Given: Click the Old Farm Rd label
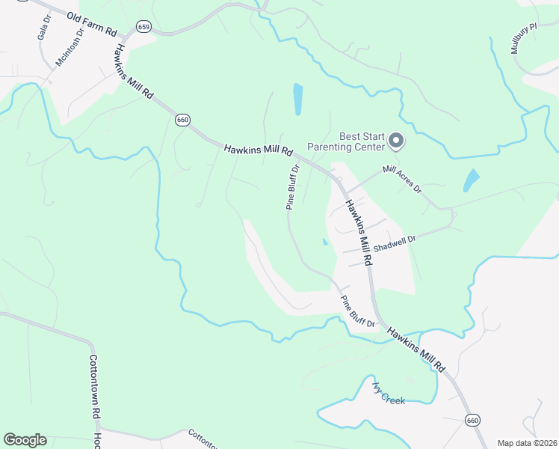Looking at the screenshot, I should tap(92, 24).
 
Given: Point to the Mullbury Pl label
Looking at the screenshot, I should tap(524, 39).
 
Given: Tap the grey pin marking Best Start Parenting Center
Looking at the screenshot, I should tap(397, 140).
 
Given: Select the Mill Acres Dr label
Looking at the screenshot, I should tap(402, 180).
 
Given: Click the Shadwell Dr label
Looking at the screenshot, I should tap(394, 242).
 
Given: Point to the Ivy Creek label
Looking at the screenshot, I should tap(389, 394).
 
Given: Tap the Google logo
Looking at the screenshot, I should tap(25, 440).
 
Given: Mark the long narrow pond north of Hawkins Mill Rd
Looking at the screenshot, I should tap(298, 99).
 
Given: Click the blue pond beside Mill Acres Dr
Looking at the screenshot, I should tap(471, 180).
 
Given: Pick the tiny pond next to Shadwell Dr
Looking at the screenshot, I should tap(324, 242).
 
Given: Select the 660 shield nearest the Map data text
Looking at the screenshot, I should tap(471, 421).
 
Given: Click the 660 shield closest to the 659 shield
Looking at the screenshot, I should tap(182, 119).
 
